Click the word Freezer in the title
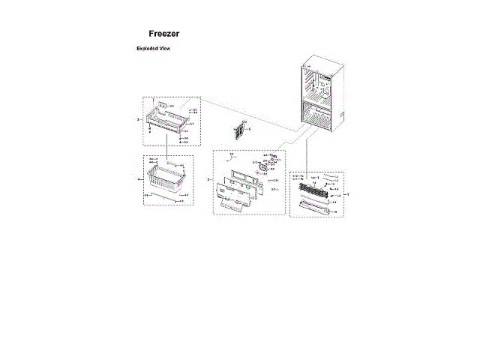(163, 34)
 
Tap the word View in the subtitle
(166, 48)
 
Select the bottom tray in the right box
(316, 207)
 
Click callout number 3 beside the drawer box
(138, 119)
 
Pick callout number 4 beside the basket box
(139, 180)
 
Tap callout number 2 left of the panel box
(208, 180)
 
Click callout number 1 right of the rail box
(347, 193)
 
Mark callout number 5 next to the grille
(250, 130)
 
